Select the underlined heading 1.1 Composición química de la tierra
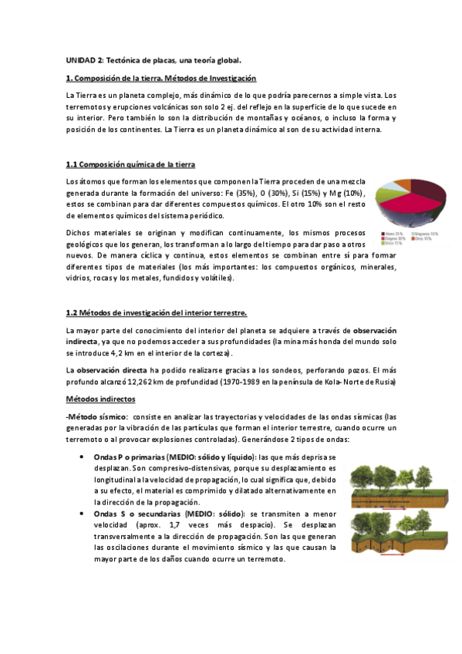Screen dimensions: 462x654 [130, 164]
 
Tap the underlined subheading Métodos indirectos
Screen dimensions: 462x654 [100, 399]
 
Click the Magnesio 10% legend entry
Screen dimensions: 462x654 [423, 233]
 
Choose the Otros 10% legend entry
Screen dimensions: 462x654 [423, 238]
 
